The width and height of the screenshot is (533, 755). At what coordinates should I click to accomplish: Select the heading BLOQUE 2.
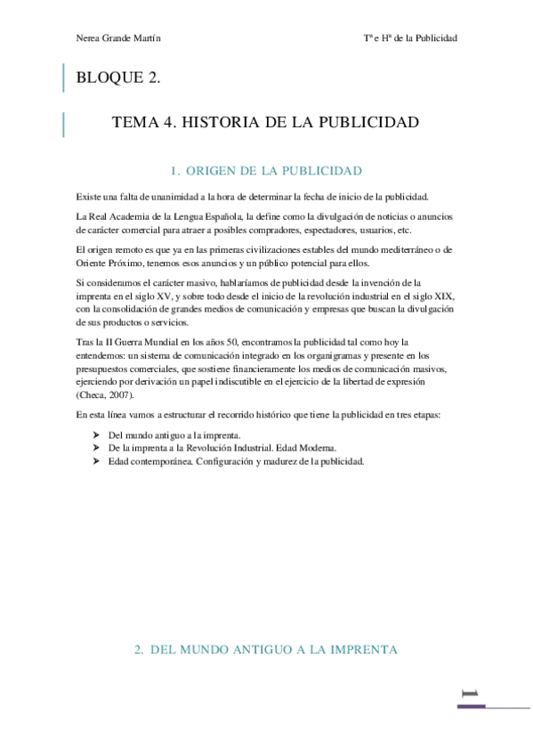(118, 78)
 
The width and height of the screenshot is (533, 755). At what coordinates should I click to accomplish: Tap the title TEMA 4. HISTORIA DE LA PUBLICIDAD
(265, 123)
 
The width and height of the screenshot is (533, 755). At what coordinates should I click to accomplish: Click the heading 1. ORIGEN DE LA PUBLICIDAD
(266, 170)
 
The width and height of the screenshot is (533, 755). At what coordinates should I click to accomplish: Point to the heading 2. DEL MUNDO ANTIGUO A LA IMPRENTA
(266, 650)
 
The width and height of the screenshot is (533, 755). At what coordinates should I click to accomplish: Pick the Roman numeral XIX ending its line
(444, 295)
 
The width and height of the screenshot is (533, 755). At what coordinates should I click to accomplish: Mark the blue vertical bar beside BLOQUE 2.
(63, 78)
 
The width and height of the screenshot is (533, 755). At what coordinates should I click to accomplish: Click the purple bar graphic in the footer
(472, 705)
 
